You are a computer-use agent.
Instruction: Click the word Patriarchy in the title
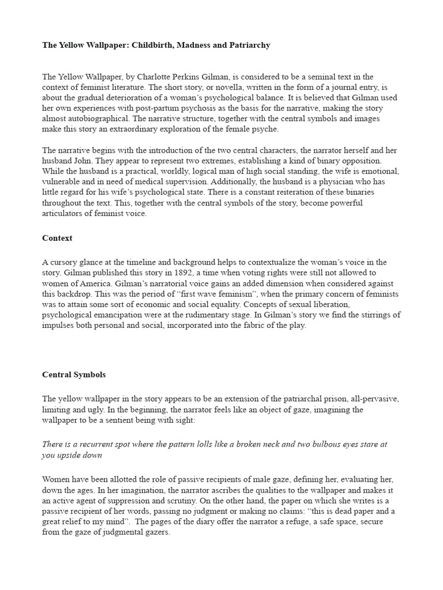coord(247,45)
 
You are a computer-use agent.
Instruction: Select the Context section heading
coord(57,238)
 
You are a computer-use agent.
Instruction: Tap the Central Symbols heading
coord(74,375)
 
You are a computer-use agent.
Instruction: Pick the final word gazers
coord(156,532)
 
